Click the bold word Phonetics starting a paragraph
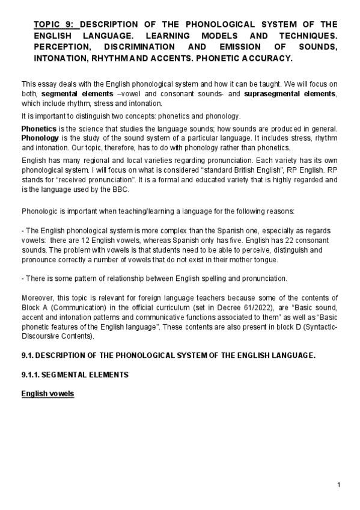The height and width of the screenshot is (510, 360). [39, 129]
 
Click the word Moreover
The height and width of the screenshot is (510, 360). [38, 299]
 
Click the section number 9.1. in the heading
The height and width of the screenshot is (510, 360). [29, 355]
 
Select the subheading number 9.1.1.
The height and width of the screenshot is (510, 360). [31, 375]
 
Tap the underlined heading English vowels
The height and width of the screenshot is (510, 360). [47, 394]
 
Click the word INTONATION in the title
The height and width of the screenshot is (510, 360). [61, 59]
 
